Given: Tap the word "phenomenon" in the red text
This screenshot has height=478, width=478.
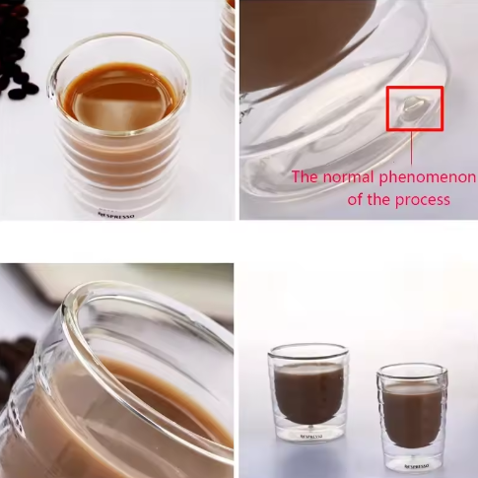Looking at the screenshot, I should [x=429, y=178].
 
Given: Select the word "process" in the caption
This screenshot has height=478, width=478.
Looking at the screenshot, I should [x=424, y=199].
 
